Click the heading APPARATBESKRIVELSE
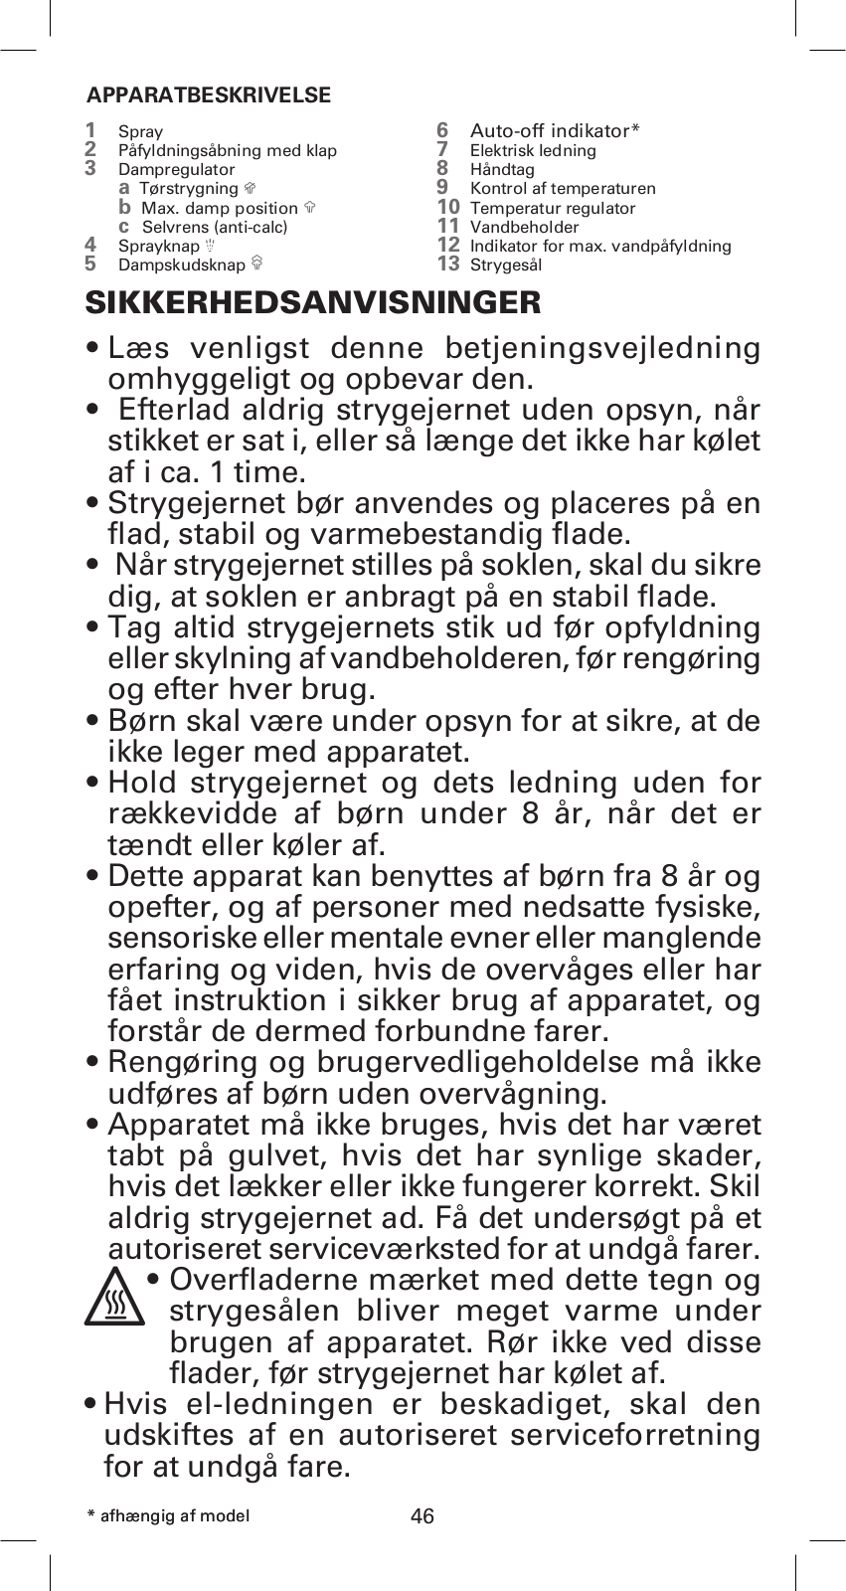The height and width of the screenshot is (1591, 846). pyautogui.click(x=209, y=96)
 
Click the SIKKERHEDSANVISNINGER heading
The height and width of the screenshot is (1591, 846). pyautogui.click(x=313, y=302)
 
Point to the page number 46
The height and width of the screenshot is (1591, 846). pyautogui.click(x=423, y=1516)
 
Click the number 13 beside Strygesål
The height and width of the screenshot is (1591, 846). pyautogui.click(x=448, y=264)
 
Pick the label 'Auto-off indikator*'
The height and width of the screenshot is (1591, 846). pyautogui.click(x=555, y=131)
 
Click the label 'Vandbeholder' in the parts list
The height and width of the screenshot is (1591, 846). pyautogui.click(x=524, y=227)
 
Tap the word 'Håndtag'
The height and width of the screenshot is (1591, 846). pyautogui.click(x=502, y=170)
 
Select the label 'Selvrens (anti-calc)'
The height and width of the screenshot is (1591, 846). pyautogui.click(x=215, y=227)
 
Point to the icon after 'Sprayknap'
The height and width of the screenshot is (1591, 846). pyautogui.click(x=210, y=246)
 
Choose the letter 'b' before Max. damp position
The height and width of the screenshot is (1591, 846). pyautogui.click(x=125, y=207)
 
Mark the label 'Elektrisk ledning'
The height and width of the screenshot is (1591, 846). pyautogui.click(x=533, y=151)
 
